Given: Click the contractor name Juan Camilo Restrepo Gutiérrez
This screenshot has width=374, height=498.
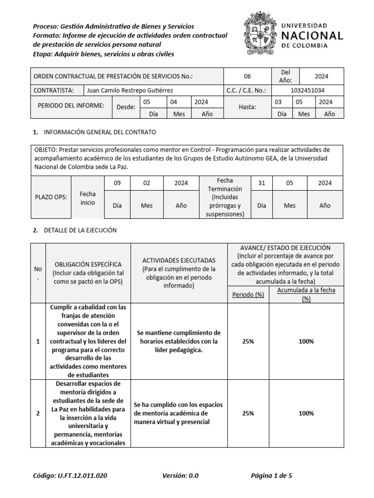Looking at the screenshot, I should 130,90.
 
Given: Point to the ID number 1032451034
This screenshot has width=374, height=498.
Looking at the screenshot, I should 307,90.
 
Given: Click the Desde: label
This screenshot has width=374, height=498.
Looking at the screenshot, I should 126,107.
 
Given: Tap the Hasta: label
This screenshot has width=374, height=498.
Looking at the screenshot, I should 247,107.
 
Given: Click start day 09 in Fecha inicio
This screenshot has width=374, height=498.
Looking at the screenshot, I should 117,183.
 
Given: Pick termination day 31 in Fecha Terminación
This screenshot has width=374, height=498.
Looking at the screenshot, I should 262,183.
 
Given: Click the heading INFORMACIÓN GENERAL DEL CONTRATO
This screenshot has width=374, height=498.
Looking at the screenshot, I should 100,132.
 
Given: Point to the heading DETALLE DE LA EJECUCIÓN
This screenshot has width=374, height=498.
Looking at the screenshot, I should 80,230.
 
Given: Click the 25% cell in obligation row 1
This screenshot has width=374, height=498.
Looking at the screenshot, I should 248,341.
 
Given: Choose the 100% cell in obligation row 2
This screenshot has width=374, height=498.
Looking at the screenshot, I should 306,413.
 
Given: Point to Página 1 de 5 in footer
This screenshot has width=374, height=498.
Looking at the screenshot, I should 272,476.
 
